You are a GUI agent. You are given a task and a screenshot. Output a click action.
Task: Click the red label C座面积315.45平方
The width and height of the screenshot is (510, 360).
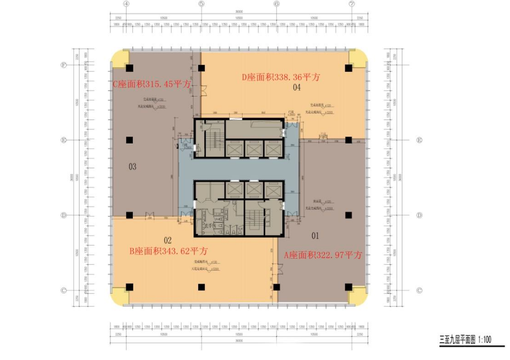[152, 85]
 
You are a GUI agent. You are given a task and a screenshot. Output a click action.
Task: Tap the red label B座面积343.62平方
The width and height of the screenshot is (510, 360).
[169, 251]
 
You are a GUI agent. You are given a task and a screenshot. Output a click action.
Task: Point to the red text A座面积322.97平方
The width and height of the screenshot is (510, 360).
[323, 256]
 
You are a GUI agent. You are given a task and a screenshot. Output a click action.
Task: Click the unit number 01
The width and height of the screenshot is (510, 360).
[315, 235]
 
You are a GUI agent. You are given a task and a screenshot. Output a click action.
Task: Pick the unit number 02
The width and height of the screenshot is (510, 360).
[168, 240]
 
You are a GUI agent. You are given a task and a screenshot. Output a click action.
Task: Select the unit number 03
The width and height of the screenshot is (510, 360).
[132, 166]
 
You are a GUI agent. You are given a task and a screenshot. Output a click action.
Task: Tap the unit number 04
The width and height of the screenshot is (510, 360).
[297, 88]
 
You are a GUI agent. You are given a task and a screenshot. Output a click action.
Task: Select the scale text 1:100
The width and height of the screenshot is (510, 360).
[485, 340]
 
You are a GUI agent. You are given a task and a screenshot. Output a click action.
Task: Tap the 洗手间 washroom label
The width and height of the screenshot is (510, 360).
[210, 226]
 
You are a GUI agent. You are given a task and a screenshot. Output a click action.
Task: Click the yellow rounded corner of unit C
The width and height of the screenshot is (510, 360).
[118, 59]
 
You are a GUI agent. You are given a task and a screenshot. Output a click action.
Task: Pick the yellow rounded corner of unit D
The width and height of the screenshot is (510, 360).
[359, 59]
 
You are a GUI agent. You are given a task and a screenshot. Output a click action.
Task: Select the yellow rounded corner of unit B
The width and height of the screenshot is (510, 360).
[118, 296]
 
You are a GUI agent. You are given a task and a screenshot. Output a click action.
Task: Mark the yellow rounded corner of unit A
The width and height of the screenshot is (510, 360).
[359, 296]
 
